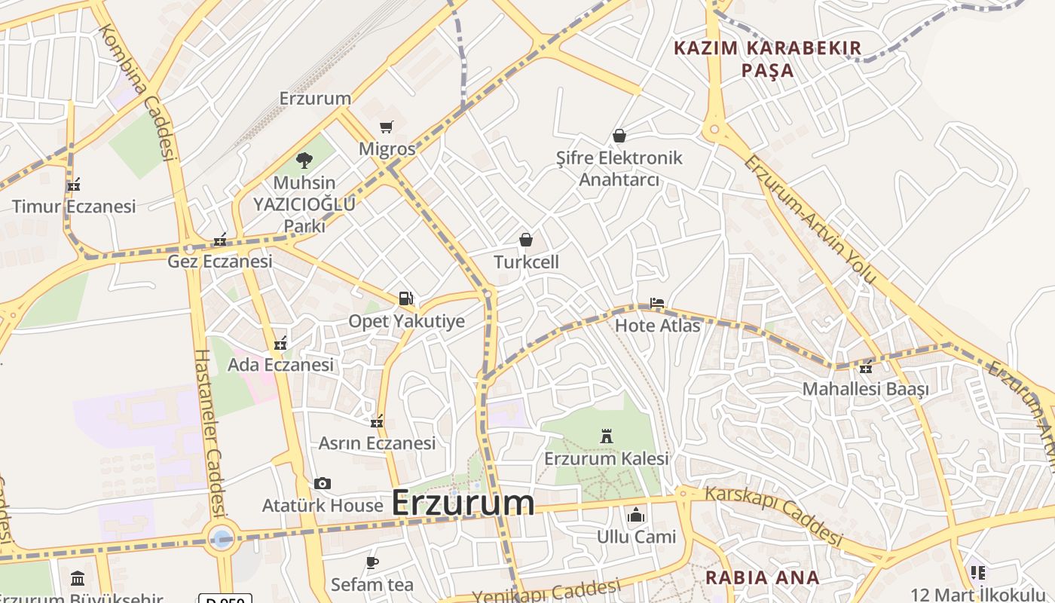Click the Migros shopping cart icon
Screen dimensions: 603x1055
tap(387, 127)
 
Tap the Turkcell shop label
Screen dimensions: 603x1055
tap(527, 262)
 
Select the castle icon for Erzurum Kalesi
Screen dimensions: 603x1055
tap(606, 436)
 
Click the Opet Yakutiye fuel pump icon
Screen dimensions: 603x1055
tap(406, 298)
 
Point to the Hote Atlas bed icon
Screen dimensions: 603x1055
tap(657, 303)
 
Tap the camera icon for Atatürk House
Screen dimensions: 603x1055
tap(323, 483)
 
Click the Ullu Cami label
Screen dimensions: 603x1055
tap(636, 537)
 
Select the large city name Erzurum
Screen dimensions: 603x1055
tap(463, 503)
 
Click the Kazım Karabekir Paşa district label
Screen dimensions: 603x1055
tap(767, 59)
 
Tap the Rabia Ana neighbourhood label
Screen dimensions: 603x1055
tap(762, 578)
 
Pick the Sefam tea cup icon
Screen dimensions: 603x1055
tap(372, 562)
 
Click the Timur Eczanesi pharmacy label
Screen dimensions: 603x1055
tap(74, 207)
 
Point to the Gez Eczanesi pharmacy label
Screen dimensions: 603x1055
tap(219, 262)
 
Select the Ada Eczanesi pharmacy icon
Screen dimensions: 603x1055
tap(281, 344)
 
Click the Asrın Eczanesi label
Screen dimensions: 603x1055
tap(377, 443)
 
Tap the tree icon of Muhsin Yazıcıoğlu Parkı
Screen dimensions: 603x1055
tap(304, 160)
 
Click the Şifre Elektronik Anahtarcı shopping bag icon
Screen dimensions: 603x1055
tap(619, 136)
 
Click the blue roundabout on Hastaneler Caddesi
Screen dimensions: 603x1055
tap(222, 538)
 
